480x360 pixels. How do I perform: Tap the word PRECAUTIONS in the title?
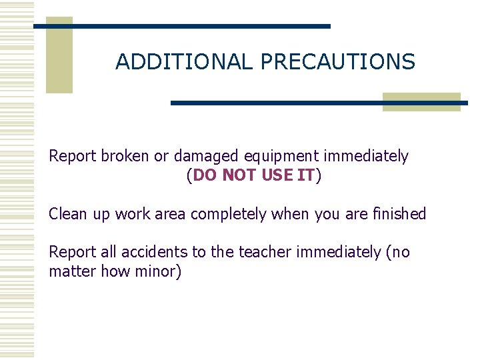pos(338,62)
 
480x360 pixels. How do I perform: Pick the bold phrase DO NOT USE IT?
pos(253,176)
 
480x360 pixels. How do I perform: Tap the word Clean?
pos(67,214)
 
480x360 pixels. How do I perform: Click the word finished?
pos(399,214)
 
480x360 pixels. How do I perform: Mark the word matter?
pos(69,272)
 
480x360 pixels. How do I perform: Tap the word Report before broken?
pos(73,157)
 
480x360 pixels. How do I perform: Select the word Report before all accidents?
pos(73,253)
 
